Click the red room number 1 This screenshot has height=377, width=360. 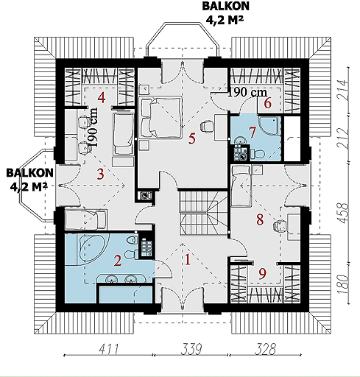(x=188, y=260)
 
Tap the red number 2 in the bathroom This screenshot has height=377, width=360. (x=118, y=261)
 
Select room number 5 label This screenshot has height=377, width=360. (x=192, y=138)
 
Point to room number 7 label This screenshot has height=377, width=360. (x=252, y=133)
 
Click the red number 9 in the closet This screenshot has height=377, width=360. (x=262, y=274)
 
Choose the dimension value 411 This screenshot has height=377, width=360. (x=109, y=349)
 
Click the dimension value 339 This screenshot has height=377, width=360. (x=191, y=349)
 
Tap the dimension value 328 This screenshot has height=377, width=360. (x=265, y=349)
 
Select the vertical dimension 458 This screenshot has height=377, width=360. (x=343, y=213)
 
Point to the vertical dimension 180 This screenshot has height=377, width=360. (x=343, y=284)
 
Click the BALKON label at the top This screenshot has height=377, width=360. (x=225, y=6)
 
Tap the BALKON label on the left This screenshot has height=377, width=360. (x=29, y=173)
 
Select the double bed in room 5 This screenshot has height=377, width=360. (x=160, y=116)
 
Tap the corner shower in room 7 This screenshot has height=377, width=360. (x=269, y=125)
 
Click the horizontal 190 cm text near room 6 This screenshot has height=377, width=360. (x=247, y=92)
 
